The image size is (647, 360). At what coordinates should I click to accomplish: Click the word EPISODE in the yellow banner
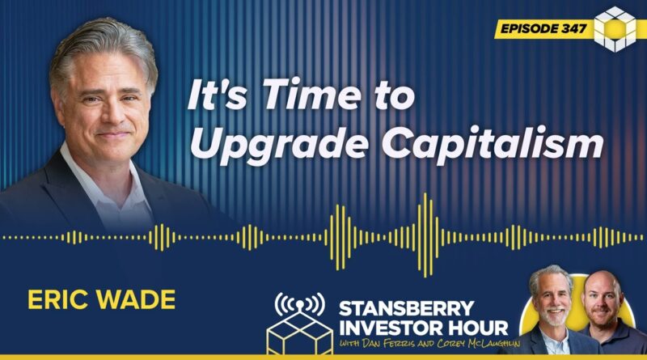click(x=529, y=28)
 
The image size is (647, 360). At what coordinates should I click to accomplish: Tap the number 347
click(x=574, y=28)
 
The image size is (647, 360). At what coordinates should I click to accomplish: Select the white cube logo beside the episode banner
click(x=615, y=29)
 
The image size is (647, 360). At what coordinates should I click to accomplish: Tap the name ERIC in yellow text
click(x=56, y=299)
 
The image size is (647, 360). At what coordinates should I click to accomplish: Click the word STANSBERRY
click(x=407, y=309)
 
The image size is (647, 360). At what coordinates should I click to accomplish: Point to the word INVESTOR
click(x=388, y=328)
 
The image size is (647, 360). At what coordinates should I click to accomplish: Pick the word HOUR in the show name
click(x=474, y=328)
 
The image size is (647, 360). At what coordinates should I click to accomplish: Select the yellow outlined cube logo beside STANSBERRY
click(x=299, y=332)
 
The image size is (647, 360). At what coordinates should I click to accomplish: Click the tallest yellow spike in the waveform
click(x=425, y=235)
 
